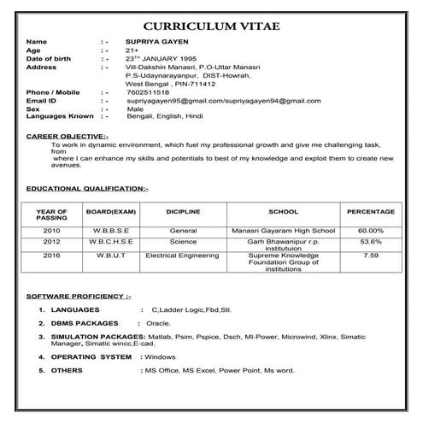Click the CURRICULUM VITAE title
click(211, 26)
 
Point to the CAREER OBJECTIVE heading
click(68, 137)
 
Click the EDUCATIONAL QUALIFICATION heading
click(87, 187)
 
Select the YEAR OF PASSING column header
click(52, 215)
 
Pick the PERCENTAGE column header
click(370, 211)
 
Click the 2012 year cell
click(52, 243)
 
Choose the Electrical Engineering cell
click(182, 255)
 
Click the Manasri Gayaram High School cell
click(283, 231)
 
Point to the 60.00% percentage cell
click(370, 231)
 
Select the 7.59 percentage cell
click(370, 255)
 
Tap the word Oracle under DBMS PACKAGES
click(156, 325)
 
